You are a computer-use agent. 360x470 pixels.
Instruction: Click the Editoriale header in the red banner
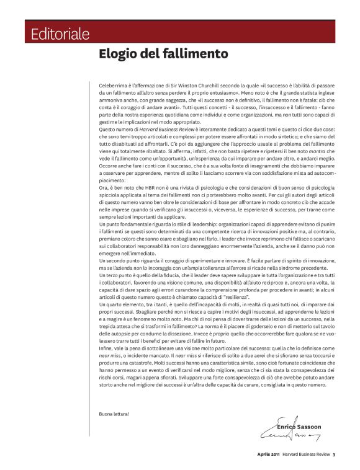(60, 33)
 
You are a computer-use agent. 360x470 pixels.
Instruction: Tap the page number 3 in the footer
(333, 456)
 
